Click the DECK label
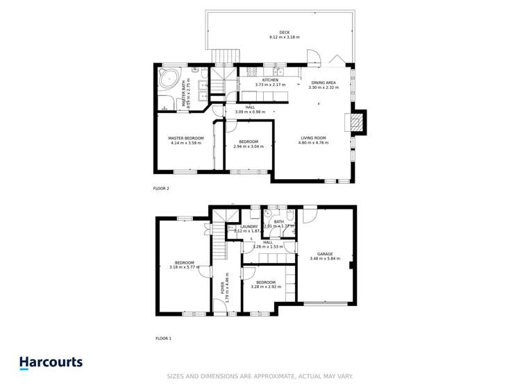[284, 32]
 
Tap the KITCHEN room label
[270, 80]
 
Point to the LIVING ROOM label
[314, 138]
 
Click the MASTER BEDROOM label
[186, 138]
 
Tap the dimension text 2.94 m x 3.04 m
[248, 146]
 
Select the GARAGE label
[325, 254]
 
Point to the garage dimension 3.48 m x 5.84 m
[325, 259]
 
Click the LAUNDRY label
[249, 226]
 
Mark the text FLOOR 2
[161, 188]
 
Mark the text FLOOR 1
[163, 339]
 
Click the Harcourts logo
[51, 362]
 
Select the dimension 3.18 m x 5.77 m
[184, 267]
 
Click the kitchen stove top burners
[252, 70]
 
